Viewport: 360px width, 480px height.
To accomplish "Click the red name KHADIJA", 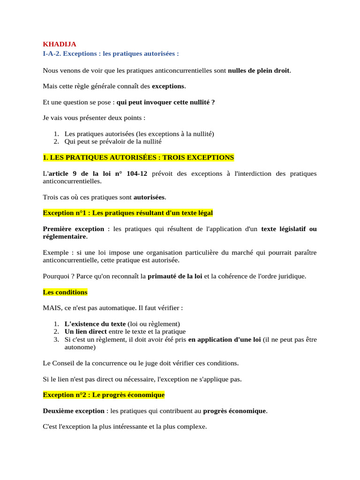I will tap(60, 44).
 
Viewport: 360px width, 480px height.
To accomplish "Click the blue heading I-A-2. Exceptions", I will tap(111, 53).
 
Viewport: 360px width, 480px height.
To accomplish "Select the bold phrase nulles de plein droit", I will tap(259, 71).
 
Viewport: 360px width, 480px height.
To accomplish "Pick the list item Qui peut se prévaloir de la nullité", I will tap(113, 142).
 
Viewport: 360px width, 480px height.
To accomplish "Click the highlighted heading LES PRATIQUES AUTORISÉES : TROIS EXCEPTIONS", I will tap(138, 157).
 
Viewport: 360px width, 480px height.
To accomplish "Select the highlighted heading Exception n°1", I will tap(127, 213).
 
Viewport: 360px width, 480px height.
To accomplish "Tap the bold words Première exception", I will tap(74, 229).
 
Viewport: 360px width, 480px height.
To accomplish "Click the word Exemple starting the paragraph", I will tap(55, 252).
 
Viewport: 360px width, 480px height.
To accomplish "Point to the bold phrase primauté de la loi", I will tap(175, 276).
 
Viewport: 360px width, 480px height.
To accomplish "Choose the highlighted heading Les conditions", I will tap(65, 292).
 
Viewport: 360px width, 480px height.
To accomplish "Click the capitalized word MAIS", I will tap(52, 308).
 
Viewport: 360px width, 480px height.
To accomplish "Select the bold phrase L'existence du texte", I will tap(95, 324).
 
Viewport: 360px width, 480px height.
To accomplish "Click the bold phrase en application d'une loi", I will tap(224, 340).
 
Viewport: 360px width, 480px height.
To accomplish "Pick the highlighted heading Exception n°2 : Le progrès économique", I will tap(104, 395).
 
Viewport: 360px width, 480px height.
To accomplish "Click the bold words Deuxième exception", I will tap(74, 411).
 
